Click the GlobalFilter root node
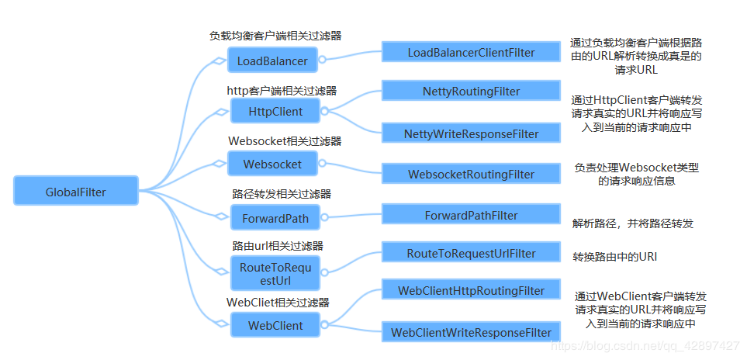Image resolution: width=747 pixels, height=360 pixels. [x=76, y=191]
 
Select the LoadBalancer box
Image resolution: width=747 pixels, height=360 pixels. [x=272, y=61]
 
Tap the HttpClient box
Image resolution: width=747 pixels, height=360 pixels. [x=275, y=111]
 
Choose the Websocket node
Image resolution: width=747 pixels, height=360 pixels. [x=272, y=164]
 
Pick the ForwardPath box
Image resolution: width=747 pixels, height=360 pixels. [x=275, y=218]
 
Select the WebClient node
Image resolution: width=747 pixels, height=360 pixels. [x=275, y=325]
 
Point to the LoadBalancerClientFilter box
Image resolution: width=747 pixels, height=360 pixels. [x=471, y=52]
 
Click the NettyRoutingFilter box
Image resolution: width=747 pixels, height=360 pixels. [x=471, y=91]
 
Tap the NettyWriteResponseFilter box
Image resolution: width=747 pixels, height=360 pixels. [x=471, y=133]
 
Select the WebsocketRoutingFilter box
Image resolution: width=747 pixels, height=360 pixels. [x=471, y=175]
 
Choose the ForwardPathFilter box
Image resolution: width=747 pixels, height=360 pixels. [x=471, y=214]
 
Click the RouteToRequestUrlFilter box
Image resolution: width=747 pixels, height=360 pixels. [x=471, y=253]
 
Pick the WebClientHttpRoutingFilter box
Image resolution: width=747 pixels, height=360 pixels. [x=471, y=290]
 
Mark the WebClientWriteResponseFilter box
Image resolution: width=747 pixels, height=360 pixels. [x=471, y=332]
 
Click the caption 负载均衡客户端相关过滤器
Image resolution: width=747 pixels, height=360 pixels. [x=275, y=36]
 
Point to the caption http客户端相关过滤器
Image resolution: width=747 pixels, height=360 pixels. [x=282, y=91]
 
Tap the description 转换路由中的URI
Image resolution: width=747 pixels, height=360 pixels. [x=615, y=257]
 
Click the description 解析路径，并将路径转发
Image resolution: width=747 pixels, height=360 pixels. [x=633, y=223]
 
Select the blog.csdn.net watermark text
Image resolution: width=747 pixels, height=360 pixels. [x=644, y=345]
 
